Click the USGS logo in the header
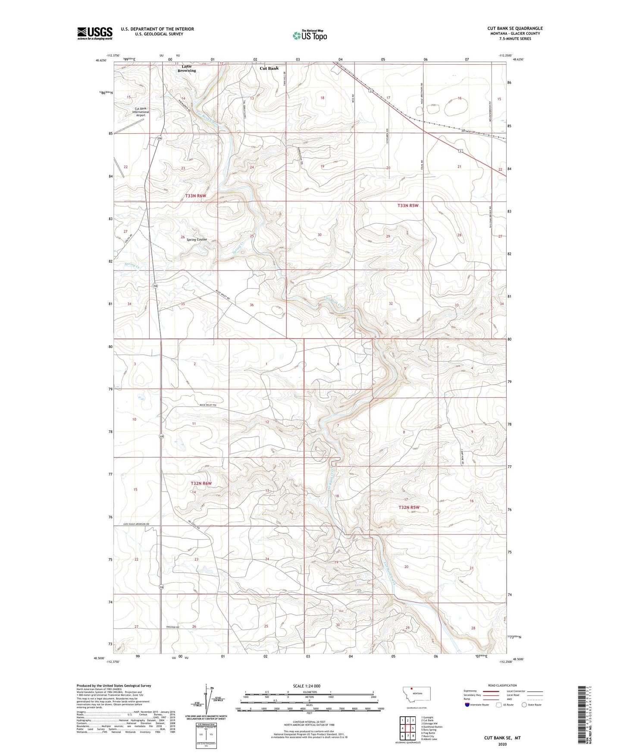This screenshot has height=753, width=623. (x=94, y=33)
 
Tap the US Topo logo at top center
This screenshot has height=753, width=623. (x=310, y=35)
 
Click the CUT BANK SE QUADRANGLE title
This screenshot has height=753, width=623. (x=515, y=28)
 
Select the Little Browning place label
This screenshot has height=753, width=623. (x=186, y=69)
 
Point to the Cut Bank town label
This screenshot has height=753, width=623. (x=269, y=68)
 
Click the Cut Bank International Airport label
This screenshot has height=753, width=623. (x=141, y=112)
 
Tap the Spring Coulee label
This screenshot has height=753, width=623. (x=197, y=239)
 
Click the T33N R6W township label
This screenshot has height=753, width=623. (x=196, y=196)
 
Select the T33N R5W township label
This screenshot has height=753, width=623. (x=408, y=206)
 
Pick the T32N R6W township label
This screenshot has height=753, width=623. (x=201, y=483)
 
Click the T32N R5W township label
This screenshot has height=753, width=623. (x=409, y=508)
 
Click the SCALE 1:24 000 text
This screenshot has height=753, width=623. (x=307, y=686)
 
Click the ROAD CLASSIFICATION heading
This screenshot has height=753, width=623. (x=502, y=685)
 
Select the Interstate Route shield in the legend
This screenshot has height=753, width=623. (x=467, y=705)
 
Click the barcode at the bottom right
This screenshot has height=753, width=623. (x=585, y=716)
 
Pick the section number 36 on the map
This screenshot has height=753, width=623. (x=252, y=305)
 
